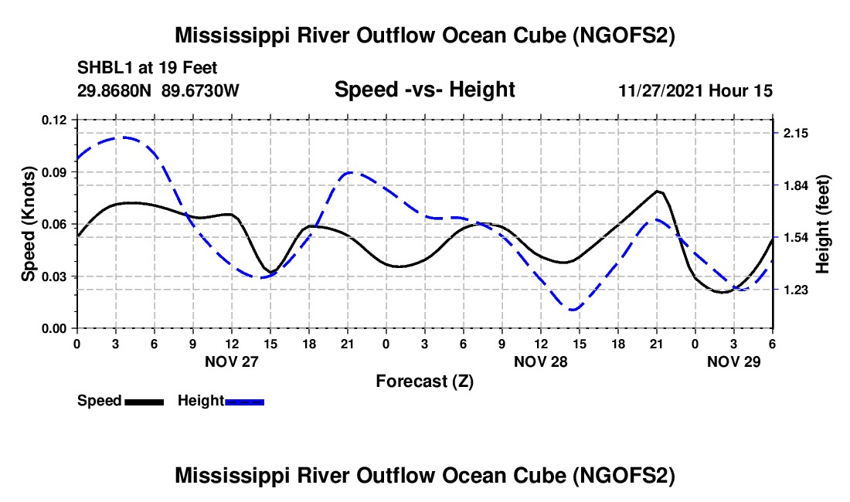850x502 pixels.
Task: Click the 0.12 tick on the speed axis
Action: [55, 120]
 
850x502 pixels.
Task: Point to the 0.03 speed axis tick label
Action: [55, 276]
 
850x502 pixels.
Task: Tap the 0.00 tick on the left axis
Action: [55, 328]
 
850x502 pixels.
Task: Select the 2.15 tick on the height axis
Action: [795, 134]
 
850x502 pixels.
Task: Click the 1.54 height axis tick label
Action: [795, 238]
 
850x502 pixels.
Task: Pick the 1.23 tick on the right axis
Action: [795, 290]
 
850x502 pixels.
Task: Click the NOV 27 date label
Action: [231, 361]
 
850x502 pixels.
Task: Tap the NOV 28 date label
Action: [540, 361]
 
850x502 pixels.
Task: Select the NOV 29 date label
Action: [734, 361]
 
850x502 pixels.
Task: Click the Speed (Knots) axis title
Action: [28, 224]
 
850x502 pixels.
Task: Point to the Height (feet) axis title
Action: [822, 224]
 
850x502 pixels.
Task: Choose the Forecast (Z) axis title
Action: [424, 381]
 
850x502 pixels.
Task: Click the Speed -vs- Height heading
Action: [424, 90]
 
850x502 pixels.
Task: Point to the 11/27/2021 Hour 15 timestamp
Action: [695, 90]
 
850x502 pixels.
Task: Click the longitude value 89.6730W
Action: [201, 90]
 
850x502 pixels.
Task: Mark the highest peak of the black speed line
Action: [658, 191]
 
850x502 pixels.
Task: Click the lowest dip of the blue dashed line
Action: [573, 310]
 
